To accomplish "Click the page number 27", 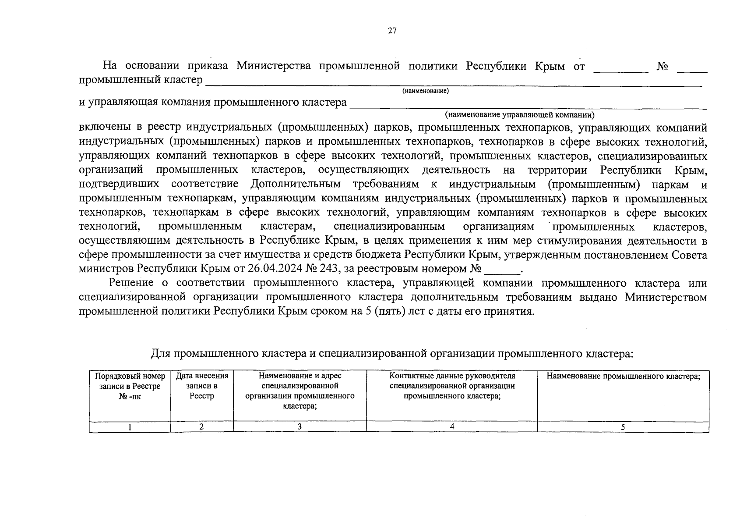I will pos(392,31).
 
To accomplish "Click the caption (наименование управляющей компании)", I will pos(520,115).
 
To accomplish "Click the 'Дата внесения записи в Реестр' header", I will pos(202,386).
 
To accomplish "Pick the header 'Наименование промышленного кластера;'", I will pos(623,377).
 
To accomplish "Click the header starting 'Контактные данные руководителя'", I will pos(452,386).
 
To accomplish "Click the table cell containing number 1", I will pos(130,427).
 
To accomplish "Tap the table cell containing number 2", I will pos(201,427).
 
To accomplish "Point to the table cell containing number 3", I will pos(300,427).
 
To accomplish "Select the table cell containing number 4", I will pos(452,427).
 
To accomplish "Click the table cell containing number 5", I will pos(623,427).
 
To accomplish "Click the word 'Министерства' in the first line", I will pos(274,66).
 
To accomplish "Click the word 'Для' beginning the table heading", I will pos(160,354).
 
